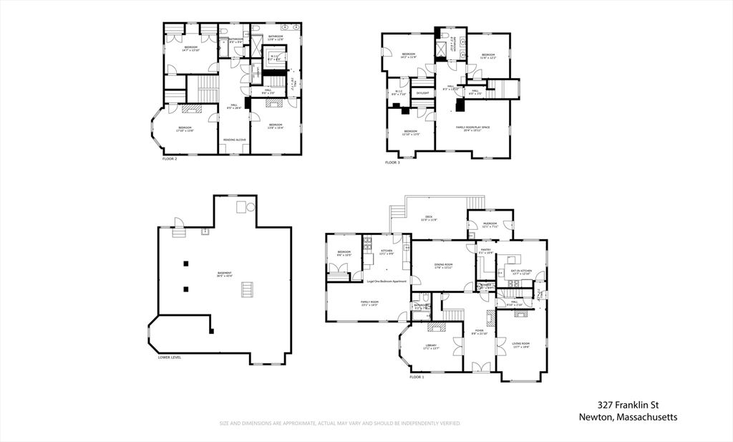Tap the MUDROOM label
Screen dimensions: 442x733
tap(490, 224)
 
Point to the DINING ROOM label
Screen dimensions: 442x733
tap(443, 265)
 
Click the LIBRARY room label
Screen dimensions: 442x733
tap(431, 345)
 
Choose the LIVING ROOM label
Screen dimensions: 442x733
tap(520, 344)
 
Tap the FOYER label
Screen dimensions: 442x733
tap(479, 331)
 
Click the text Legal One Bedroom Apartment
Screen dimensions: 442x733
tap(387, 281)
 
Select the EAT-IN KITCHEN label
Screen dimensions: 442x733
tap(520, 270)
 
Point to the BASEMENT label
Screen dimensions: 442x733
tap(225, 272)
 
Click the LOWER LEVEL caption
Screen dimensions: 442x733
tap(170, 357)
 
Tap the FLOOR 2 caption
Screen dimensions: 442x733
tap(170, 158)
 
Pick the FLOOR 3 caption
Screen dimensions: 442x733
tap(392, 163)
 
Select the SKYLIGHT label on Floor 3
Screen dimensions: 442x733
tap(423, 92)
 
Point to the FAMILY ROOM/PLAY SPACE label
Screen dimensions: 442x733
tap(473, 127)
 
